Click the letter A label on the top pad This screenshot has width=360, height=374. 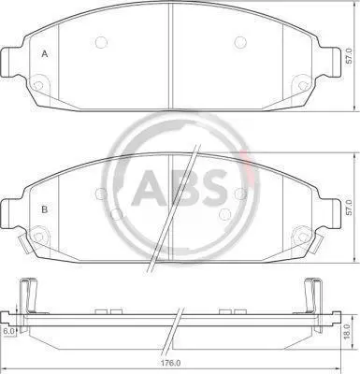pyautogui.click(x=45, y=54)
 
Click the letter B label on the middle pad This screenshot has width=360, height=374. pyautogui.click(x=45, y=209)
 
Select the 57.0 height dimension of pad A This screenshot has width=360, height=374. pyautogui.click(x=350, y=56)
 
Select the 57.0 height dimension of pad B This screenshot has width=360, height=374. pyautogui.click(x=350, y=208)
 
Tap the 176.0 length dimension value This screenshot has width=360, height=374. pyautogui.click(x=172, y=363)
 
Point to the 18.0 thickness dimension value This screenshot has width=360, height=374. pyautogui.click(x=349, y=332)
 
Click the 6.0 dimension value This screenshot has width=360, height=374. pyautogui.click(x=8, y=331)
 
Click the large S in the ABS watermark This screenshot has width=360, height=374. pyautogui.click(x=213, y=188)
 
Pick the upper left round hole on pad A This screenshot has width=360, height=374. pyautogui.click(x=101, y=42)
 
